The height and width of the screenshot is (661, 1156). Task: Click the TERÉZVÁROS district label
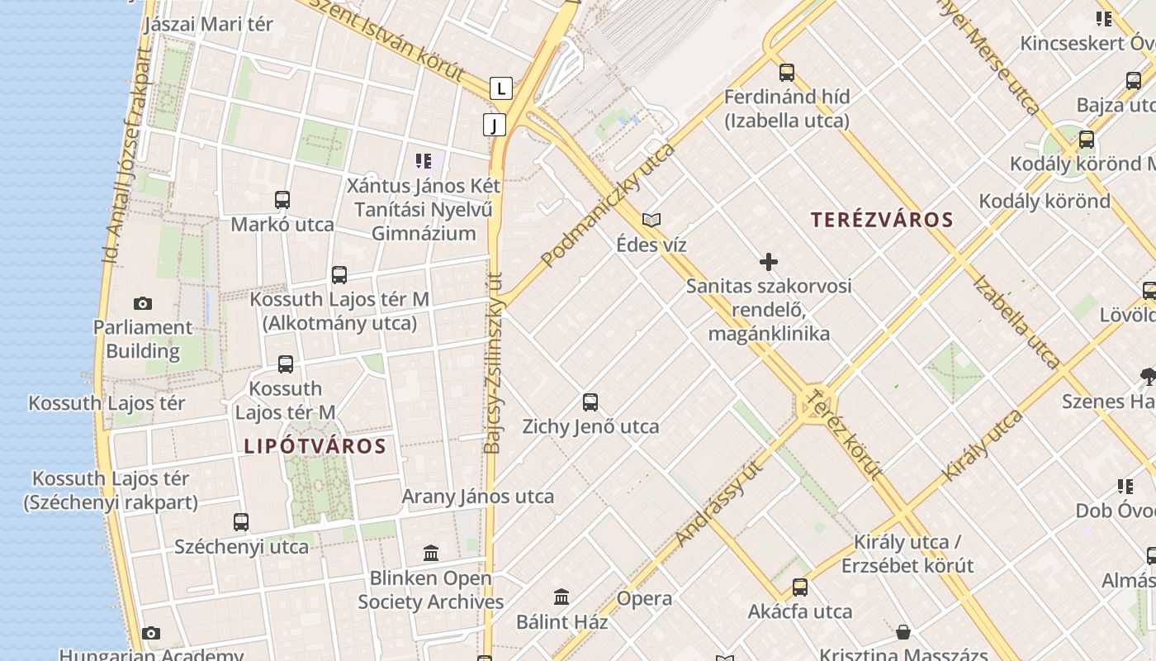pos(882,220)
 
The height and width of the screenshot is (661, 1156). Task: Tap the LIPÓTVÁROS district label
pos(315,446)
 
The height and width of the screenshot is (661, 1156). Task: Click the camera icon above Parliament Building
pos(143,304)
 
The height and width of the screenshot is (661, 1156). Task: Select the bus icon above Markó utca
pos(282,200)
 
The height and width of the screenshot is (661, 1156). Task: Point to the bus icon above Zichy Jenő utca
pos(590,402)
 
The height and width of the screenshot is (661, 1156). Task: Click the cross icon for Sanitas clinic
pos(769,263)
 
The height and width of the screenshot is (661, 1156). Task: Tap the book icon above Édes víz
pos(651,221)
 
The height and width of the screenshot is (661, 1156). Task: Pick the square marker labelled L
pos(500,88)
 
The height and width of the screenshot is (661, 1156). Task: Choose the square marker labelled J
pos(494,125)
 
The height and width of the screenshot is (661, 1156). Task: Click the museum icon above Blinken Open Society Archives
pos(431,553)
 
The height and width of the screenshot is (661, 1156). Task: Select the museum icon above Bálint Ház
pos(562,597)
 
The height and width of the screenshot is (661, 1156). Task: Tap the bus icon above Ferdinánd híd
pos(787,73)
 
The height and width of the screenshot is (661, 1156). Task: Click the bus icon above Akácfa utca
pos(800,587)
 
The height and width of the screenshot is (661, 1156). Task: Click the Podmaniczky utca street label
pos(608,205)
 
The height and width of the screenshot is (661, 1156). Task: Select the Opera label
pos(644,598)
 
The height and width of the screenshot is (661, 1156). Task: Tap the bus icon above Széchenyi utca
pos(241,522)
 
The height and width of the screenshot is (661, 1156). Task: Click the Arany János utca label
pos(477,497)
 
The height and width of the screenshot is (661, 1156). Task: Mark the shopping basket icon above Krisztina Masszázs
pos(903,633)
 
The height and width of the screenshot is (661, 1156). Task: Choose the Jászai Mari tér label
pos(208,24)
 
